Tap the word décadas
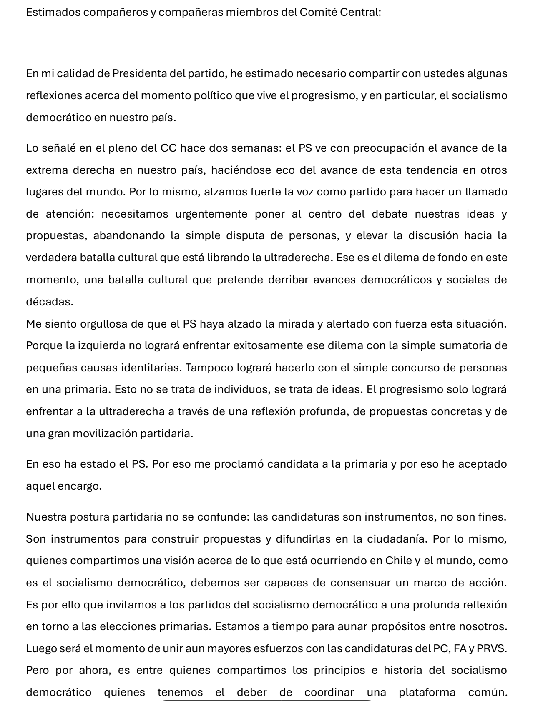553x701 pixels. coord(49,302)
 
